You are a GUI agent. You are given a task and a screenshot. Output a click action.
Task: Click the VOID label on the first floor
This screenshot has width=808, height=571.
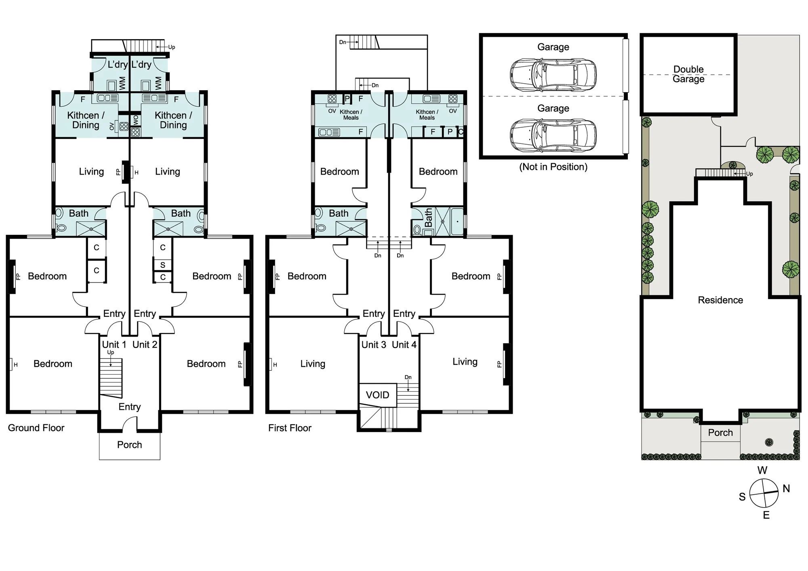[377, 395]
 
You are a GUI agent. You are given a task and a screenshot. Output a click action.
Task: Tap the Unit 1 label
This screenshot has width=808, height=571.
[114, 345]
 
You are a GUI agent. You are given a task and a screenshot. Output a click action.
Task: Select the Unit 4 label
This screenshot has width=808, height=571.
[404, 345]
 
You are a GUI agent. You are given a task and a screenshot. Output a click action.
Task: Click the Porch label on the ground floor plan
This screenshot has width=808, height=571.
[129, 445]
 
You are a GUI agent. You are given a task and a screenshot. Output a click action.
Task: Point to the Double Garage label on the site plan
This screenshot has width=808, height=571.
[688, 74]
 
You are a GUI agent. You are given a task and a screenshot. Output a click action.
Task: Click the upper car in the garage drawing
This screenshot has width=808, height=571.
[553, 75]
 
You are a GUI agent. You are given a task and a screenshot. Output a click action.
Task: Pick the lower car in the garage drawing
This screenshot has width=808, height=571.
[553, 136]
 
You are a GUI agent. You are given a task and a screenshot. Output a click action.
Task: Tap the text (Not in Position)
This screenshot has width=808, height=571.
[553, 167]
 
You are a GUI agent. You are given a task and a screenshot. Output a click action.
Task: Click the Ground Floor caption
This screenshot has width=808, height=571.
[36, 428]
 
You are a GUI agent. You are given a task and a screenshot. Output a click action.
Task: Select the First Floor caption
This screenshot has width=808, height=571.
[290, 428]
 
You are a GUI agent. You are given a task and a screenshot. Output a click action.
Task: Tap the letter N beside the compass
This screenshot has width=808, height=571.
[786, 489]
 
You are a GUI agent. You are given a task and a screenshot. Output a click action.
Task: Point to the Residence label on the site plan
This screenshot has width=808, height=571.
[720, 300]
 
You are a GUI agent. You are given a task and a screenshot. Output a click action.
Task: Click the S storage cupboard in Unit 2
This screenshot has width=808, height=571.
[163, 265]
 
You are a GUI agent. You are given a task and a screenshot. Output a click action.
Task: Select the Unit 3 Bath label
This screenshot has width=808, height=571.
[339, 213]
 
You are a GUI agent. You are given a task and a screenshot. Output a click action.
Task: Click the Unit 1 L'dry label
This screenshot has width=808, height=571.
[118, 65]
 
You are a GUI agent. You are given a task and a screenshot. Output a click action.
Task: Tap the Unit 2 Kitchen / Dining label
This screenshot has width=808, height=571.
[173, 120]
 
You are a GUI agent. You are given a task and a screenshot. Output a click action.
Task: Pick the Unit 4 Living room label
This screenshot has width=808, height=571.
[465, 362]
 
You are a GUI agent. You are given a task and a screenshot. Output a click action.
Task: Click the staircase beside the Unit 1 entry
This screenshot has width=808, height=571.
[111, 378]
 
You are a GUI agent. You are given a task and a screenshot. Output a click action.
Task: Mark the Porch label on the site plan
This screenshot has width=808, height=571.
[720, 433]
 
